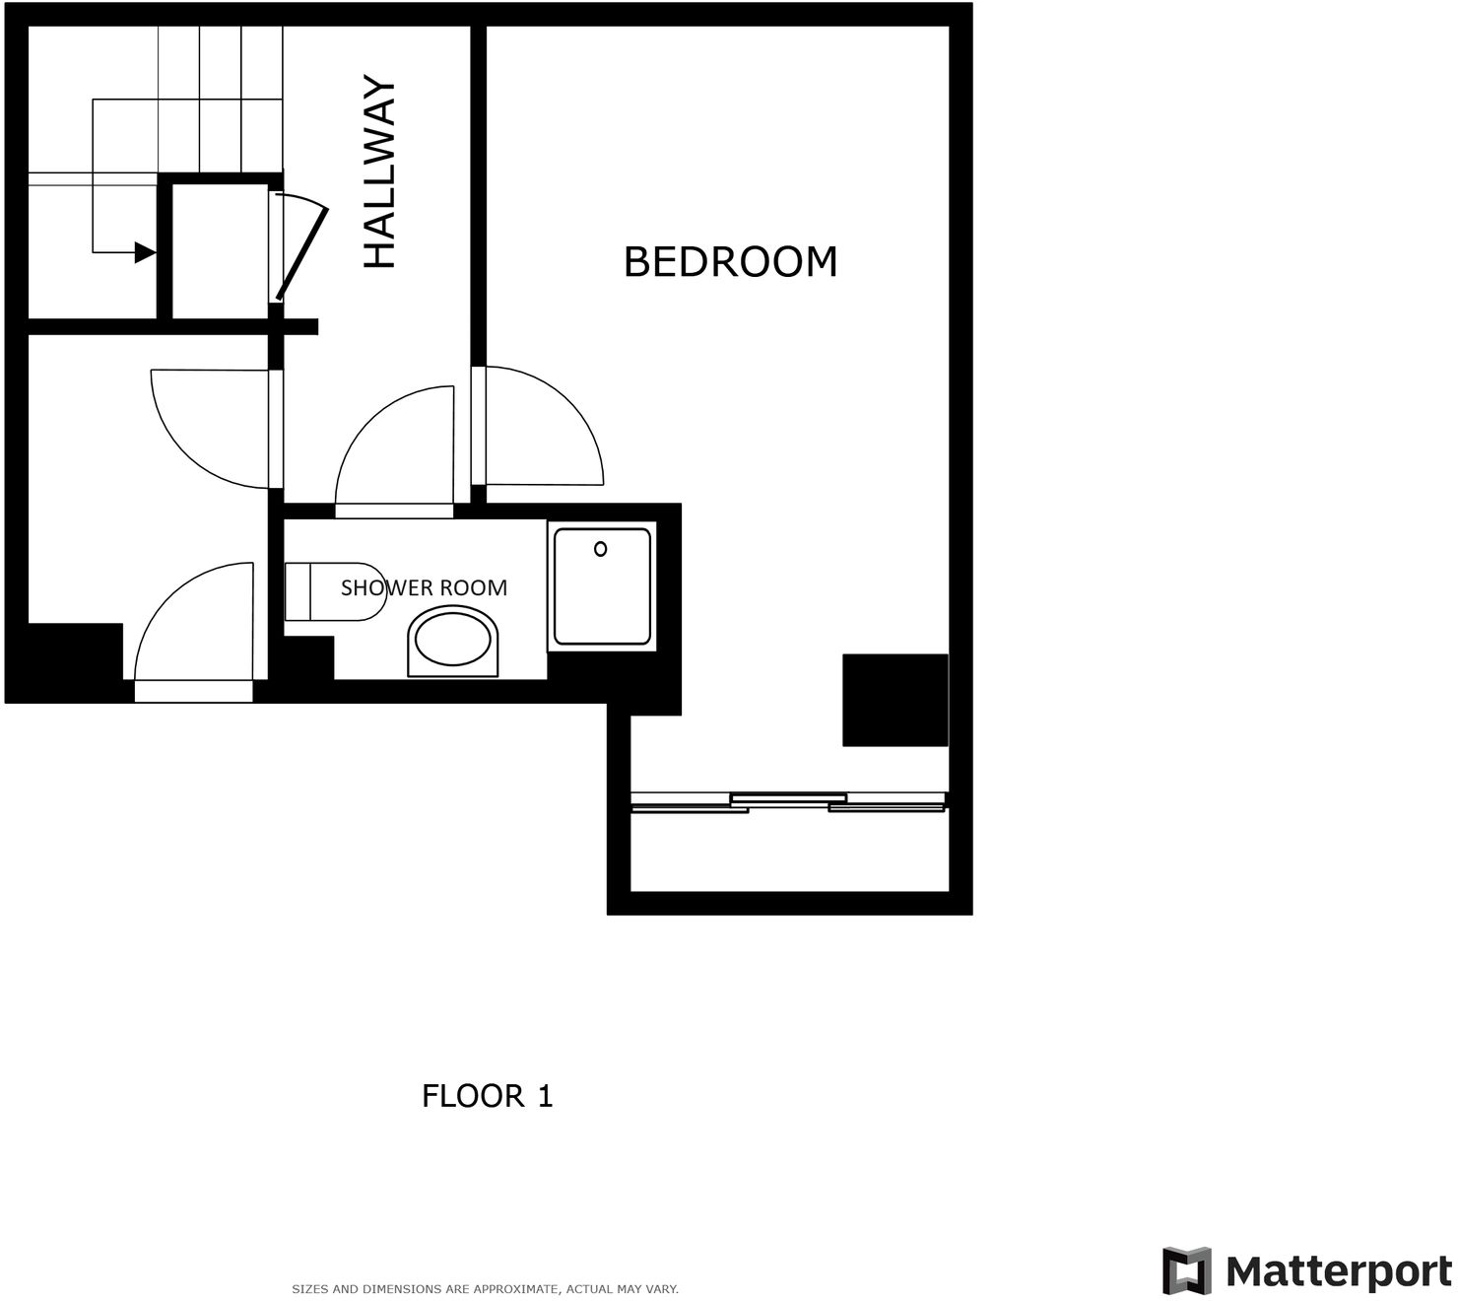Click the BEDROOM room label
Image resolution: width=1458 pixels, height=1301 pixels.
(730, 262)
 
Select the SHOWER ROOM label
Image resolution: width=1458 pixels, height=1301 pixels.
(424, 587)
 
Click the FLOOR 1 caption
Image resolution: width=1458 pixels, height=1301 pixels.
(487, 1096)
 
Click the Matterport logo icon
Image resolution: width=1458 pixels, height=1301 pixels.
(1186, 1270)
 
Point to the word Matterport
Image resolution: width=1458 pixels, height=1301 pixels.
(1338, 1271)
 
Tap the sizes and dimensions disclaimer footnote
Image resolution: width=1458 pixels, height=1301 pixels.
(485, 1289)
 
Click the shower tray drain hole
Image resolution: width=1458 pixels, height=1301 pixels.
(600, 549)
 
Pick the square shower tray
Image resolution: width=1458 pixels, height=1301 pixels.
(602, 586)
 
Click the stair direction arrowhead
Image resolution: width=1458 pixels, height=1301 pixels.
(145, 252)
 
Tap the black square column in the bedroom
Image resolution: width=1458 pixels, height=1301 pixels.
(895, 700)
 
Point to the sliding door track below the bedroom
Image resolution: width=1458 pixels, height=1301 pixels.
(788, 801)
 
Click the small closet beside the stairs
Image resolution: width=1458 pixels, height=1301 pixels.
(220, 250)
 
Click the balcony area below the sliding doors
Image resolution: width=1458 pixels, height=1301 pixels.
(788, 852)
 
